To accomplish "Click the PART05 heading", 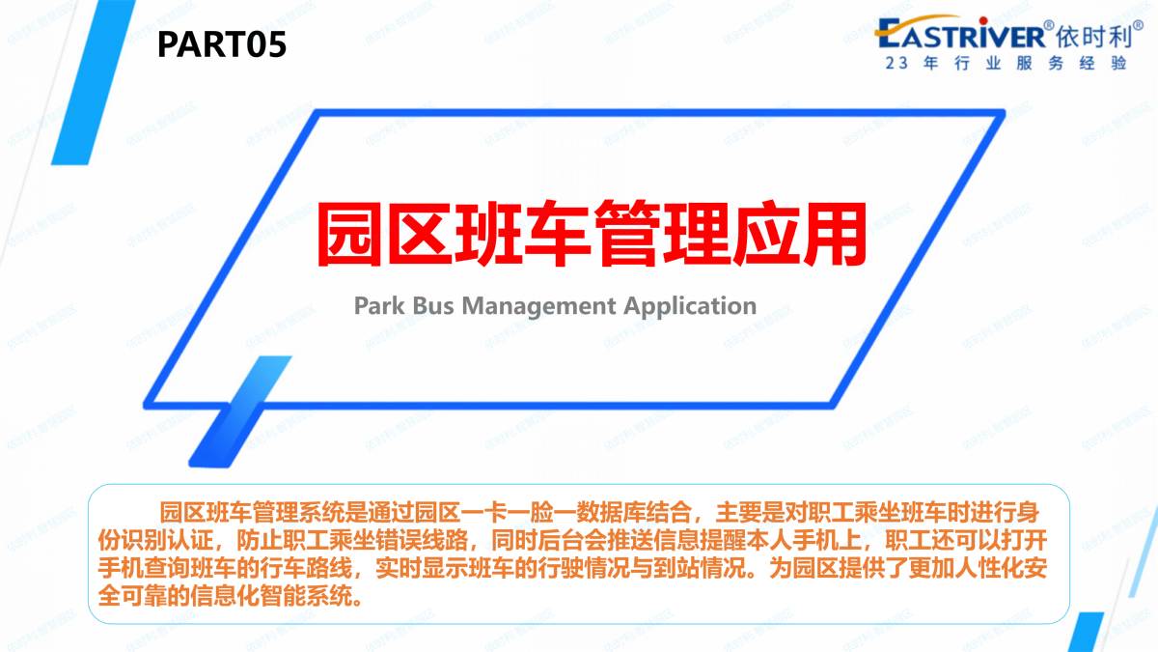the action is [221, 44].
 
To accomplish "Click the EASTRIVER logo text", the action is [959, 34].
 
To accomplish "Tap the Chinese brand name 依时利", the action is [1091, 37].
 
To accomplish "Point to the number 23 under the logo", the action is [896, 63].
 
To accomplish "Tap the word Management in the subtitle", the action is [538, 307].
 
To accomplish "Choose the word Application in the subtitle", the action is [690, 307].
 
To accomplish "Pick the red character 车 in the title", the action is [557, 234].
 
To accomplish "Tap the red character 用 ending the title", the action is [834, 234].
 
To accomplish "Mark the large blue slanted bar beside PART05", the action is [94, 82].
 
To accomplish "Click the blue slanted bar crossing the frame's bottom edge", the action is [240, 411].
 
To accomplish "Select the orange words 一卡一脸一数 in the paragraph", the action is [529, 512].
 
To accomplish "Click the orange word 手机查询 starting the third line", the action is [144, 568].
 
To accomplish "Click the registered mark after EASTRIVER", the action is [1048, 25].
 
